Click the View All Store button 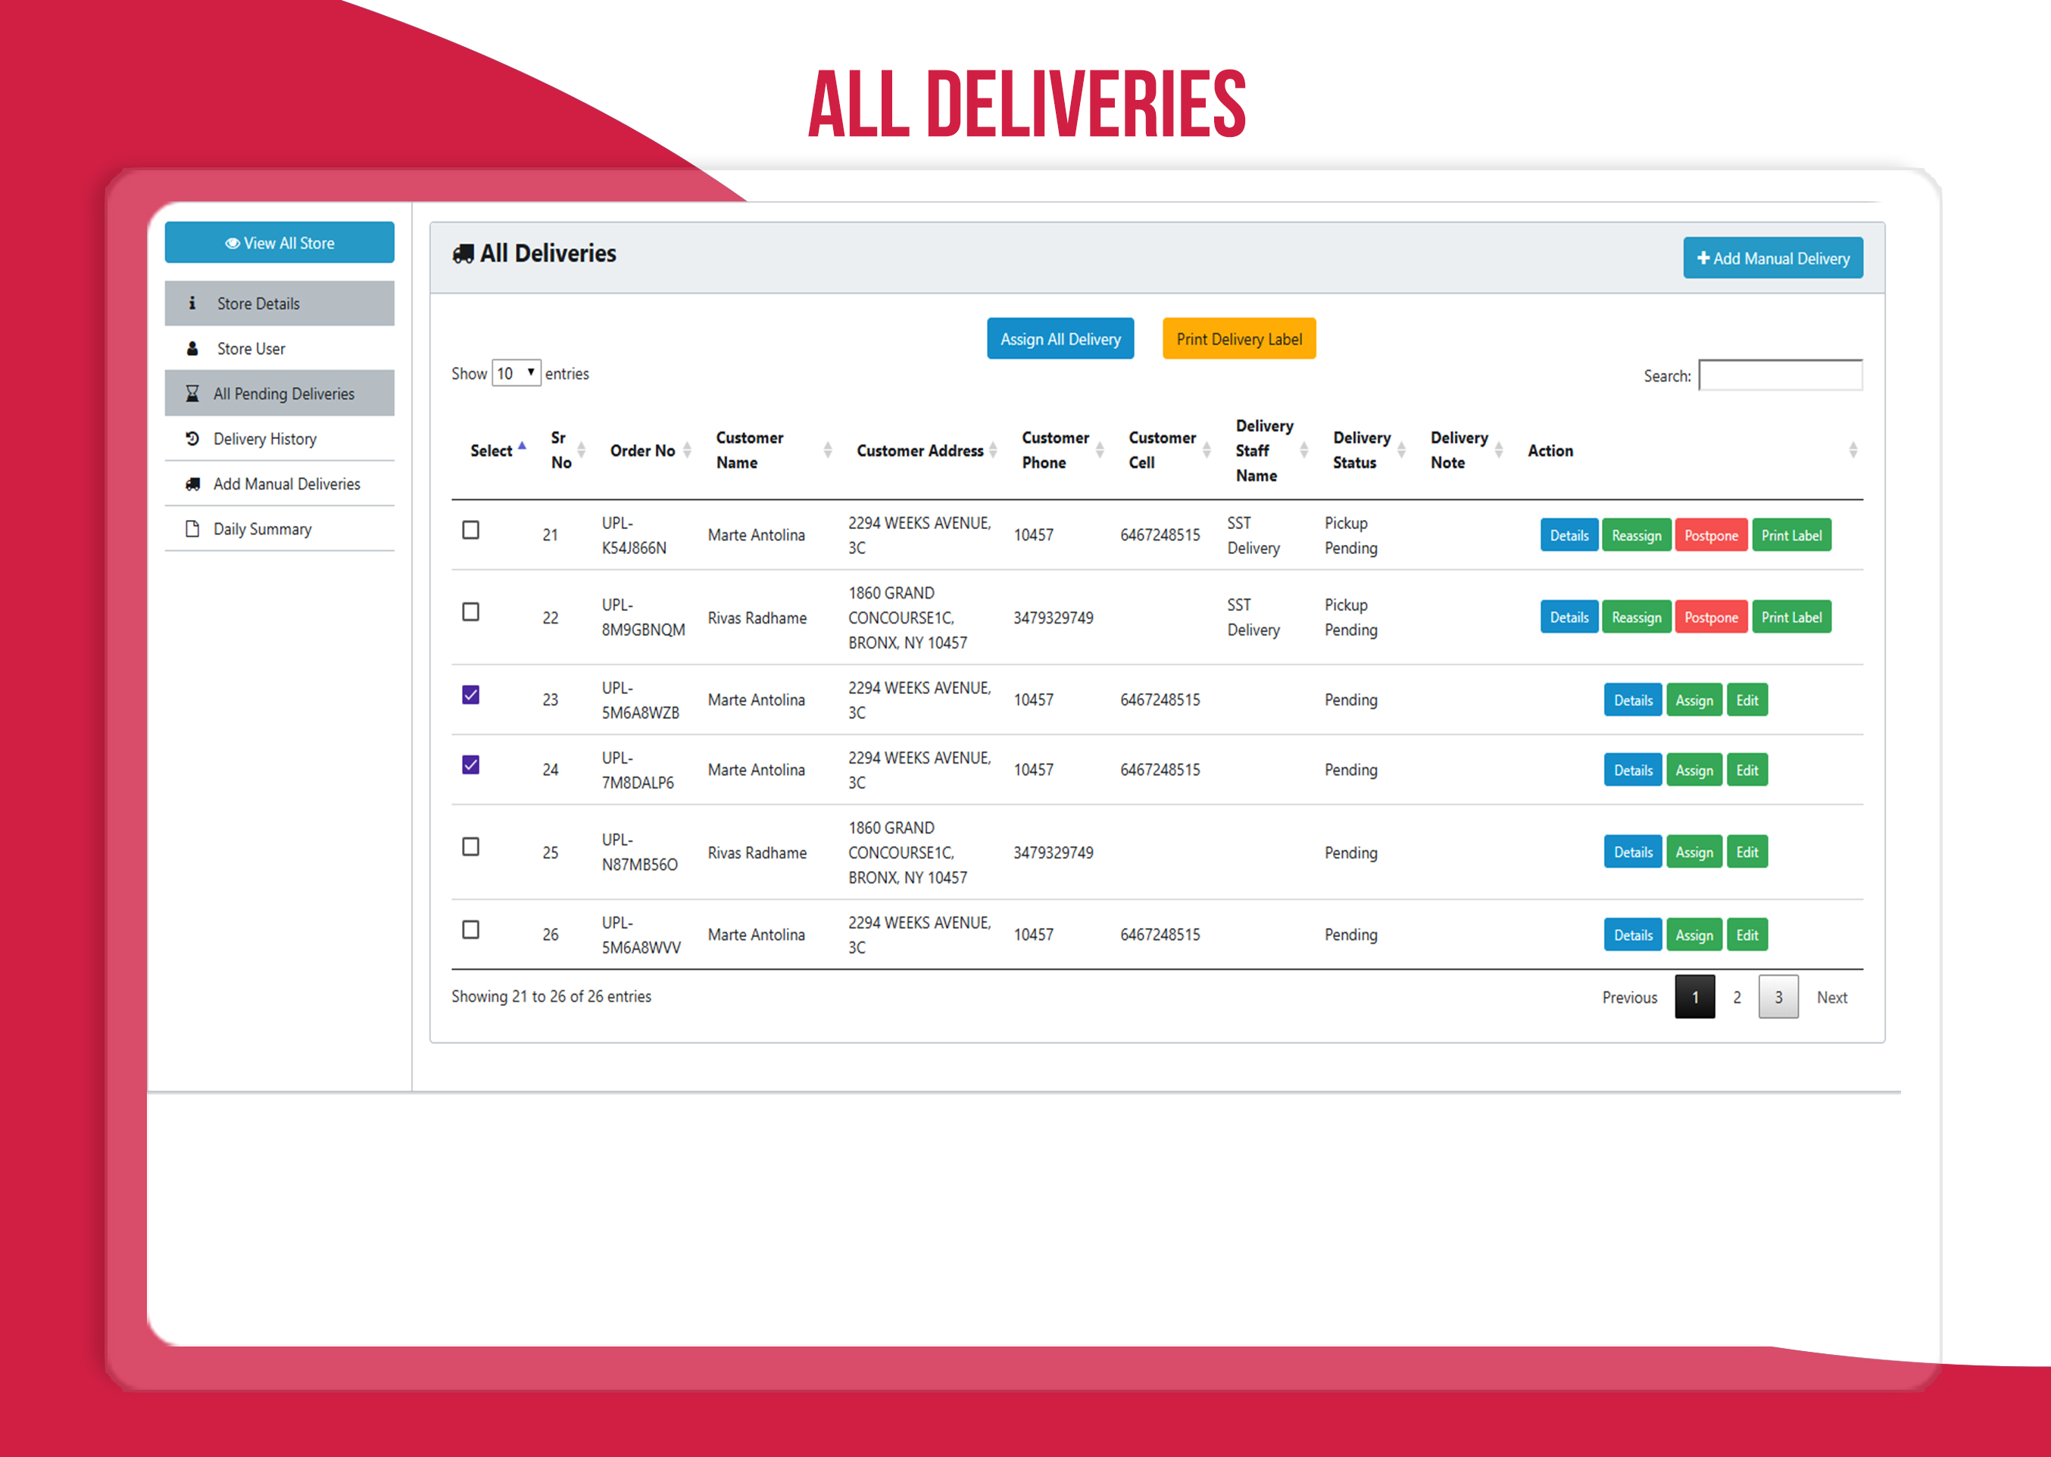point(279,243)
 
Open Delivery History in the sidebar point(265,439)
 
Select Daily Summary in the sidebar point(262,529)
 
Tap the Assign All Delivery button point(1060,339)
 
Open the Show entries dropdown point(516,373)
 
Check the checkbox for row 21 point(470,531)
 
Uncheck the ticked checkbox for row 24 point(470,765)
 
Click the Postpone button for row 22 point(1711,618)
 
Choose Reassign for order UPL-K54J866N point(1635,536)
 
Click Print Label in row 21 point(1790,536)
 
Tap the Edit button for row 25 point(1747,852)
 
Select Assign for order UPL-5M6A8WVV point(1694,935)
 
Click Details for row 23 point(1632,701)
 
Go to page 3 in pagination point(1778,997)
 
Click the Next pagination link point(1831,998)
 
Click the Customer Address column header point(920,450)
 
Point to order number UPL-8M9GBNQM point(643,618)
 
